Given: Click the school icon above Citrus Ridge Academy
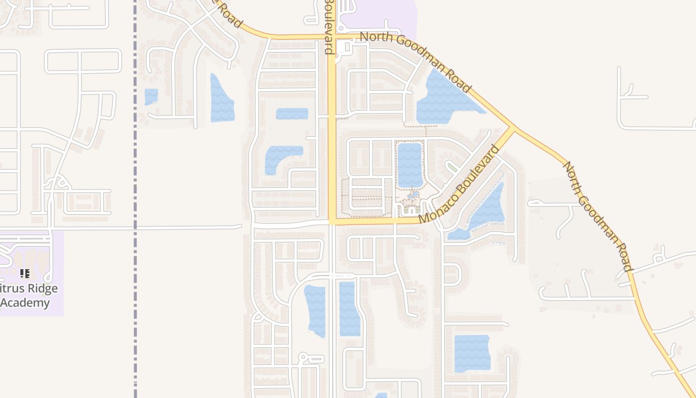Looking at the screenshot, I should click(25, 274).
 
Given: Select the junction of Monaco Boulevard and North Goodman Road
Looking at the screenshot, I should click(514, 129).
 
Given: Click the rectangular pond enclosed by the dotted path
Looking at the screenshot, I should click(410, 165).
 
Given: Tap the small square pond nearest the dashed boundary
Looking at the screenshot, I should click(151, 97).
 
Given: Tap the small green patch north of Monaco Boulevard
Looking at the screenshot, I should click(452, 166).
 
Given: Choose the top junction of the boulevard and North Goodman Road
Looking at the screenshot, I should click(332, 37).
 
